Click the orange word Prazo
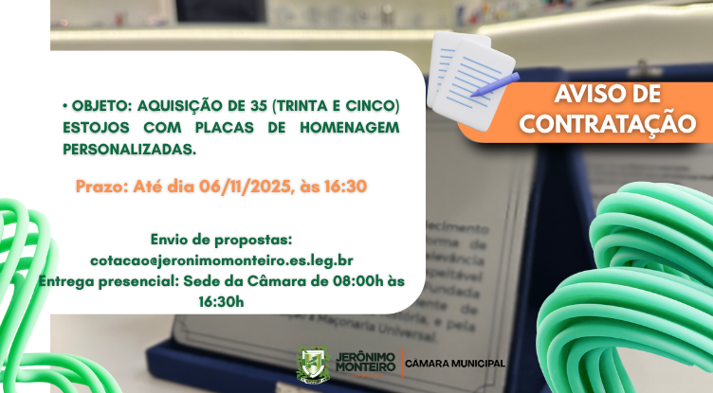[100, 187]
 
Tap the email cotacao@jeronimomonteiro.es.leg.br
[222, 259]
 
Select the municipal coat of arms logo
[311, 365]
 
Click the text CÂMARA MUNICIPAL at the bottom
[455, 364]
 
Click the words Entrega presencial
[98, 280]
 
